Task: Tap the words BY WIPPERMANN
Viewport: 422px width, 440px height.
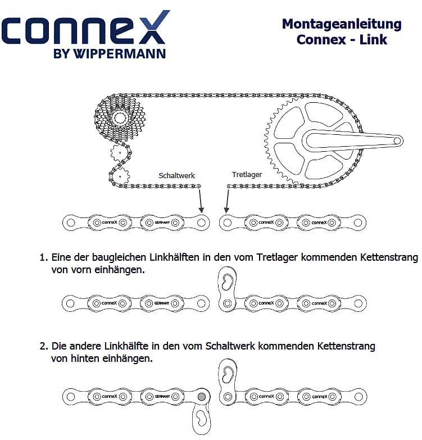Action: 109,54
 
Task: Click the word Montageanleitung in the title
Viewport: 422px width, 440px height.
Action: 342,24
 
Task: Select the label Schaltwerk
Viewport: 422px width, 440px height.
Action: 176,175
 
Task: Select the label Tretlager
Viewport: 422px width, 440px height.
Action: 247,175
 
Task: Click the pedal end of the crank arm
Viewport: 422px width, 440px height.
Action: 397,140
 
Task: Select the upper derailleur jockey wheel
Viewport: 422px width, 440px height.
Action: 121,152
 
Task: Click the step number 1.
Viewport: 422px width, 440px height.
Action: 43,258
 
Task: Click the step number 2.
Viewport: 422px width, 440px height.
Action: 43,346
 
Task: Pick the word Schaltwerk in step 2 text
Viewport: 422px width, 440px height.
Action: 230,346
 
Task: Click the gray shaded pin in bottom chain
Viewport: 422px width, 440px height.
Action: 202,397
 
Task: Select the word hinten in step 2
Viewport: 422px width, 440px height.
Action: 87,358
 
